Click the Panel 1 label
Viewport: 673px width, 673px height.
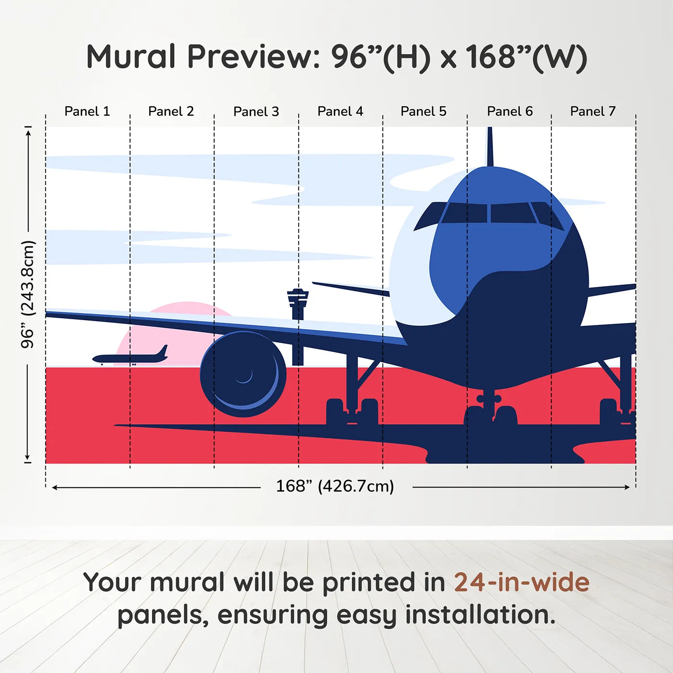[87, 112]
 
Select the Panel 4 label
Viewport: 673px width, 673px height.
[340, 112]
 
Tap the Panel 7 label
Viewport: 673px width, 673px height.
[592, 112]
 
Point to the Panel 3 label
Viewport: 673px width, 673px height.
[256, 112]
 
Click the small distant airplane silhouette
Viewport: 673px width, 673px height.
[130, 357]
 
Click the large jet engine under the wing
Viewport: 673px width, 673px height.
[243, 374]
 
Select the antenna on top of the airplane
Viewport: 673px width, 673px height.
[490, 147]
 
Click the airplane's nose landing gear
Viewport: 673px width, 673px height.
[489, 409]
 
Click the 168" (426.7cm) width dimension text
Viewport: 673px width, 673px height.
[335, 486]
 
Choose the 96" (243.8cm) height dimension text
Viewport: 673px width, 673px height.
[28, 294]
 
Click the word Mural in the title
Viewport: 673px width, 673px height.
[131, 57]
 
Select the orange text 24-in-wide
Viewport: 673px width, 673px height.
[522, 583]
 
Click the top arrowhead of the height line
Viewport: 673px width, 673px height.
[28, 131]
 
